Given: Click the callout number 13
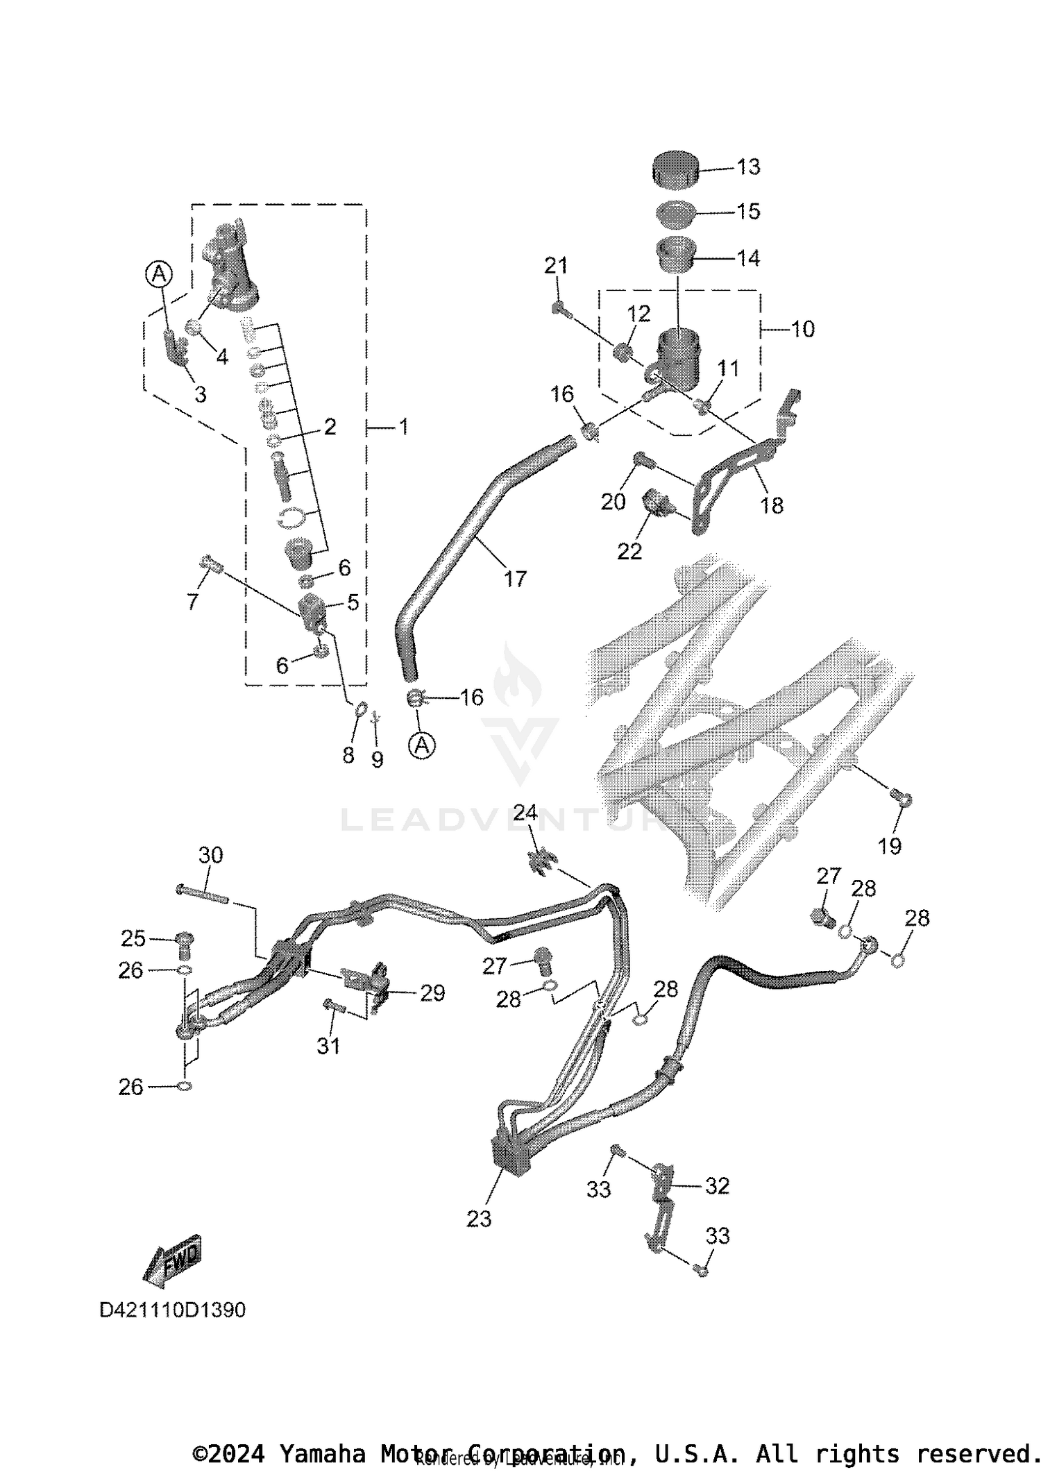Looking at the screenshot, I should (748, 167).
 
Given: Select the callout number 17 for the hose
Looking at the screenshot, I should (515, 578).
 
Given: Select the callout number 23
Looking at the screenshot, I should (479, 1219).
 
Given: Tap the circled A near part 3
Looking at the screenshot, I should (159, 274).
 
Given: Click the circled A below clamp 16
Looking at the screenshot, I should (422, 746).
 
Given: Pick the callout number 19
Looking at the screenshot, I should (889, 845).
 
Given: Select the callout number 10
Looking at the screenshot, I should (802, 329).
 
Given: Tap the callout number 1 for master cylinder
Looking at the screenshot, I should (403, 427).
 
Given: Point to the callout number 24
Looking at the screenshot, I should (525, 812).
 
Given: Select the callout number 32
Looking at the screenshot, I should (717, 1185).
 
